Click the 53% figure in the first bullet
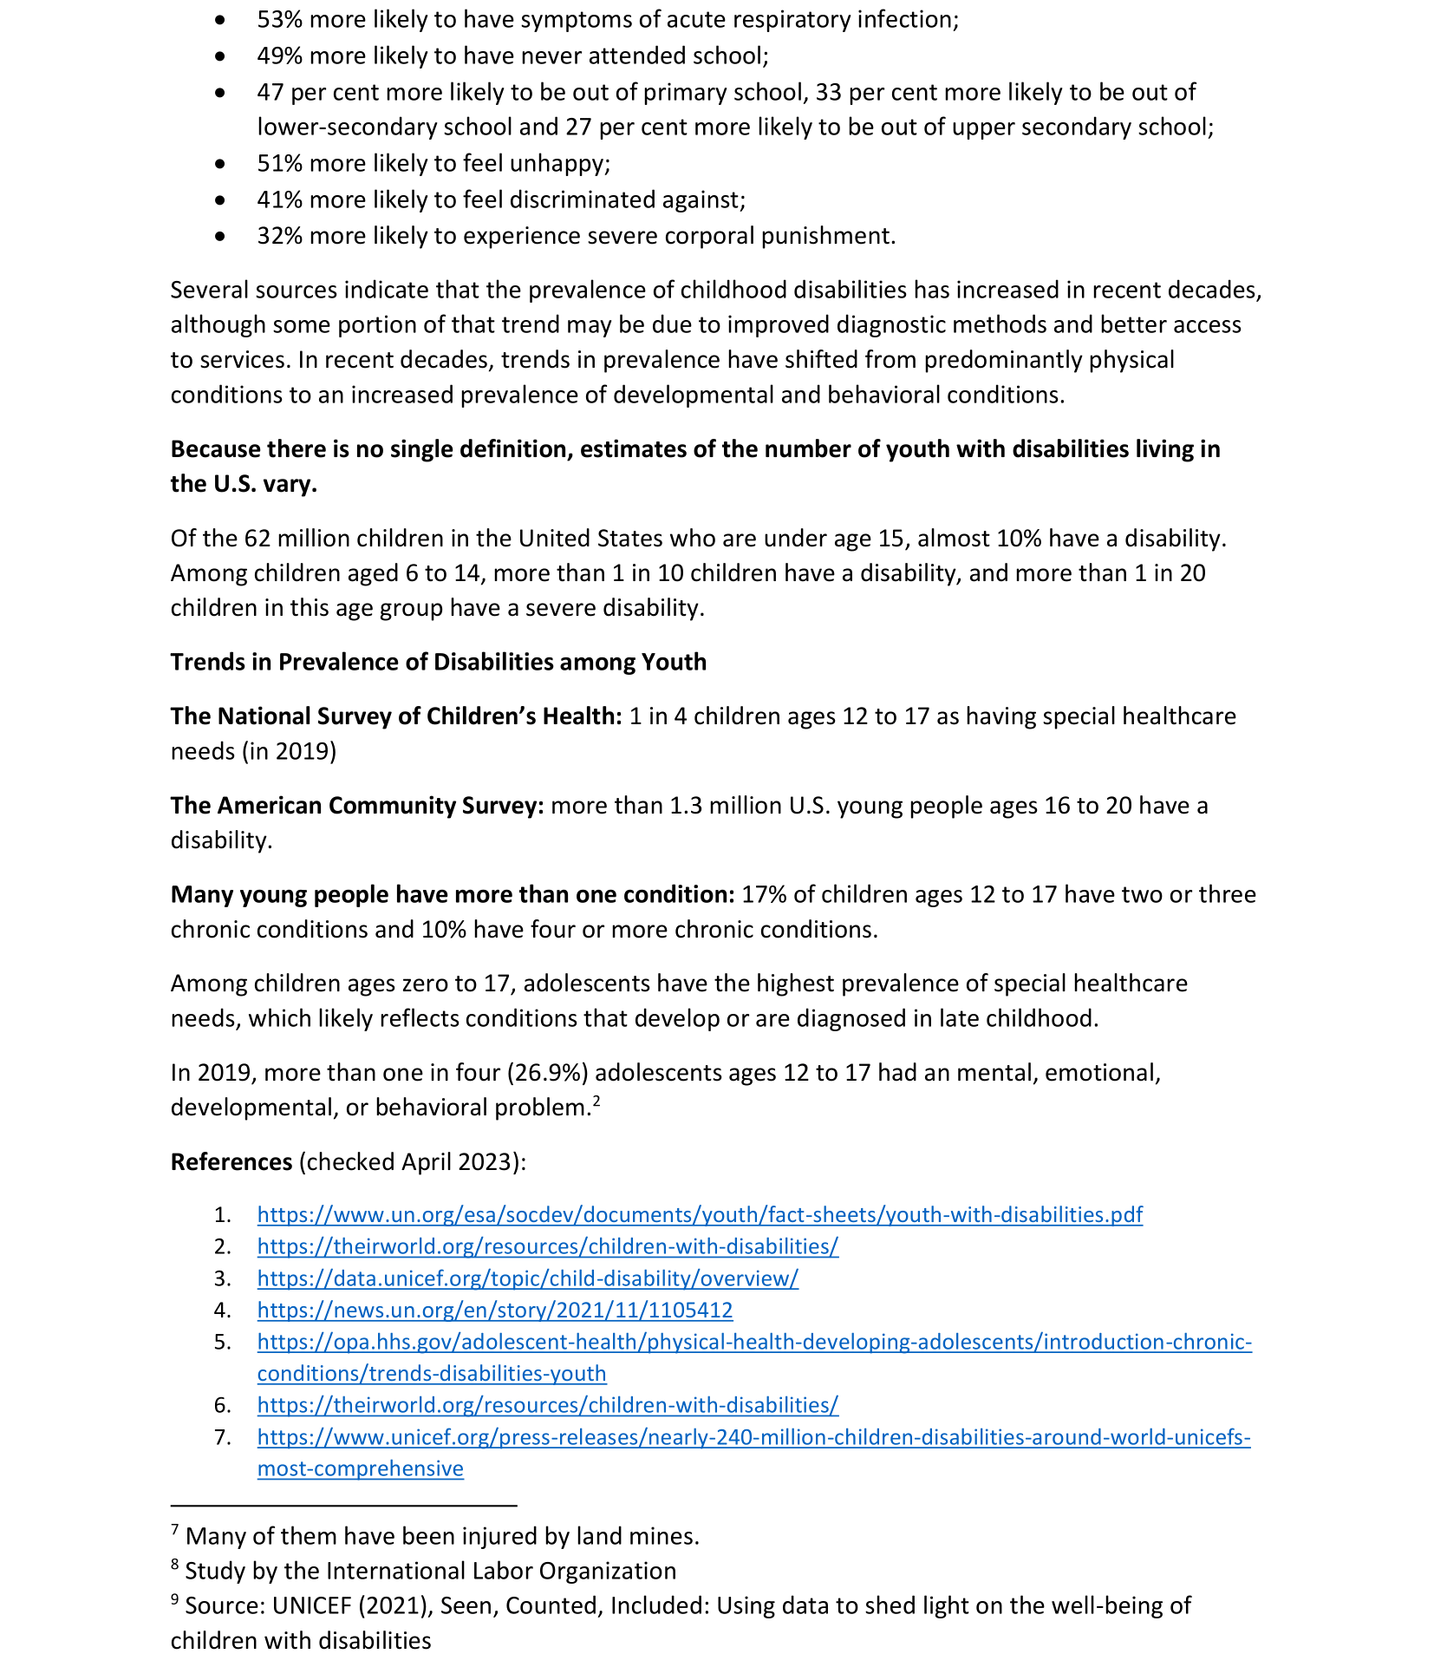[x=279, y=19]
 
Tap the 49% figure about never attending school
[x=279, y=56]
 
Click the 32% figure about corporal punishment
[x=279, y=236]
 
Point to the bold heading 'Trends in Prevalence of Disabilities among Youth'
[x=438, y=662]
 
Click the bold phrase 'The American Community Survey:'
[x=356, y=805]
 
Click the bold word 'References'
[x=231, y=1161]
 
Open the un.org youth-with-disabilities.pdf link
[x=699, y=1214]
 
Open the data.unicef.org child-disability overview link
[x=527, y=1278]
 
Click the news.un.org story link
[x=494, y=1310]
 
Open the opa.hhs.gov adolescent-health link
[x=753, y=1342]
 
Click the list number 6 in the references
[x=222, y=1405]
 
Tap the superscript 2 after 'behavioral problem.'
[x=596, y=1101]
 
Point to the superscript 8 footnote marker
[x=175, y=1563]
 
